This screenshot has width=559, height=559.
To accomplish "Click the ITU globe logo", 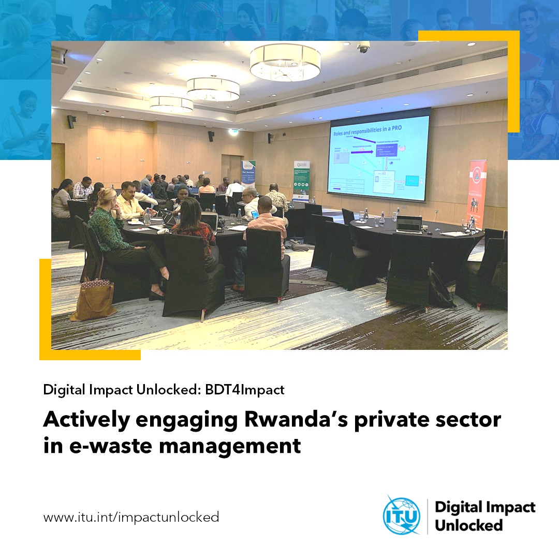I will tap(401, 515).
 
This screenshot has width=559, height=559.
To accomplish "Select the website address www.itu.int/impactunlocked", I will tap(131, 517).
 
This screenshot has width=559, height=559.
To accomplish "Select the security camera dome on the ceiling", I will tap(363, 48).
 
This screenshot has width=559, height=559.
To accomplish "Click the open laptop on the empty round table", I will tap(409, 224).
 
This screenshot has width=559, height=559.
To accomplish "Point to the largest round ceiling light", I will tap(285, 62).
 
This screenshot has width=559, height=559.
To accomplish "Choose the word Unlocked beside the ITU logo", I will tap(468, 525).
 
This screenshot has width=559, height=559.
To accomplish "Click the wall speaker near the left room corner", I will tap(71, 122).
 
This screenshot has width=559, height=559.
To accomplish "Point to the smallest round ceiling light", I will tap(171, 104).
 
